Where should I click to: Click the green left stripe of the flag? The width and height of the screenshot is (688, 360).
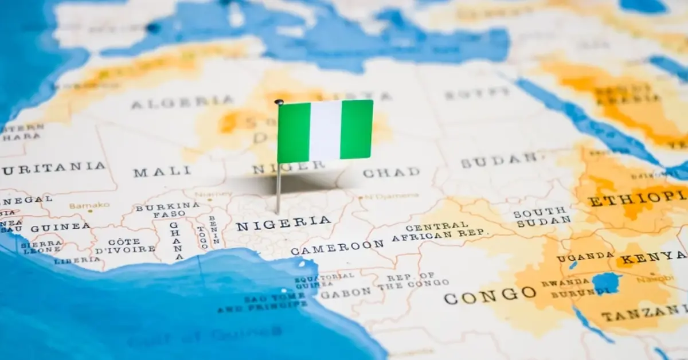(294, 132)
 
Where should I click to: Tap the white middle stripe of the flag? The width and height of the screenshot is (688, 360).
(325, 131)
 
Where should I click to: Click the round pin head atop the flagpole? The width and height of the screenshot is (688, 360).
(279, 103)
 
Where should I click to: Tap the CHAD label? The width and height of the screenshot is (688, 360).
(391, 172)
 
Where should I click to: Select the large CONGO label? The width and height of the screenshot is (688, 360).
(490, 295)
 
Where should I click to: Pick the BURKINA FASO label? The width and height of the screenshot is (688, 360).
(167, 210)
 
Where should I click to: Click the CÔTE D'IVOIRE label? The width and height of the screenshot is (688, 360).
(124, 245)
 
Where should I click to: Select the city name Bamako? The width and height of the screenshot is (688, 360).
(89, 205)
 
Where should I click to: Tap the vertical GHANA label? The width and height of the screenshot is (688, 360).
(175, 241)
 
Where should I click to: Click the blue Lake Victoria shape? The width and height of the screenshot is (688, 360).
(606, 283)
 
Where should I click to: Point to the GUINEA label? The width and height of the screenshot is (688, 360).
(60, 228)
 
